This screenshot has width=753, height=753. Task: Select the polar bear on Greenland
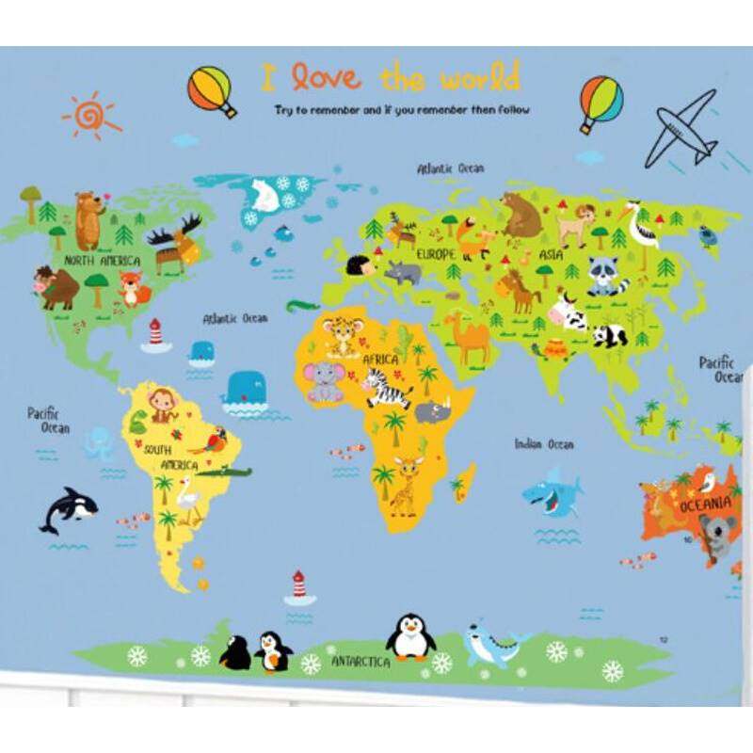coord(261,195)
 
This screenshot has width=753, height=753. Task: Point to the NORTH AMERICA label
coord(103,260)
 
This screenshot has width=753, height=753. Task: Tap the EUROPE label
coord(436,254)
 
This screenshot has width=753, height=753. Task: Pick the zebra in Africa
coord(387,385)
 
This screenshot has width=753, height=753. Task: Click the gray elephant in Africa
coord(325,381)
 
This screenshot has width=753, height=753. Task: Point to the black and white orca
coord(69,509)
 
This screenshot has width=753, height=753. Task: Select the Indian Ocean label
coord(544,443)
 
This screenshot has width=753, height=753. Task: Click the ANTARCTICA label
coord(360,662)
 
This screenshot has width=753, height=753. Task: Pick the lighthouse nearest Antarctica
coord(299,585)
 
